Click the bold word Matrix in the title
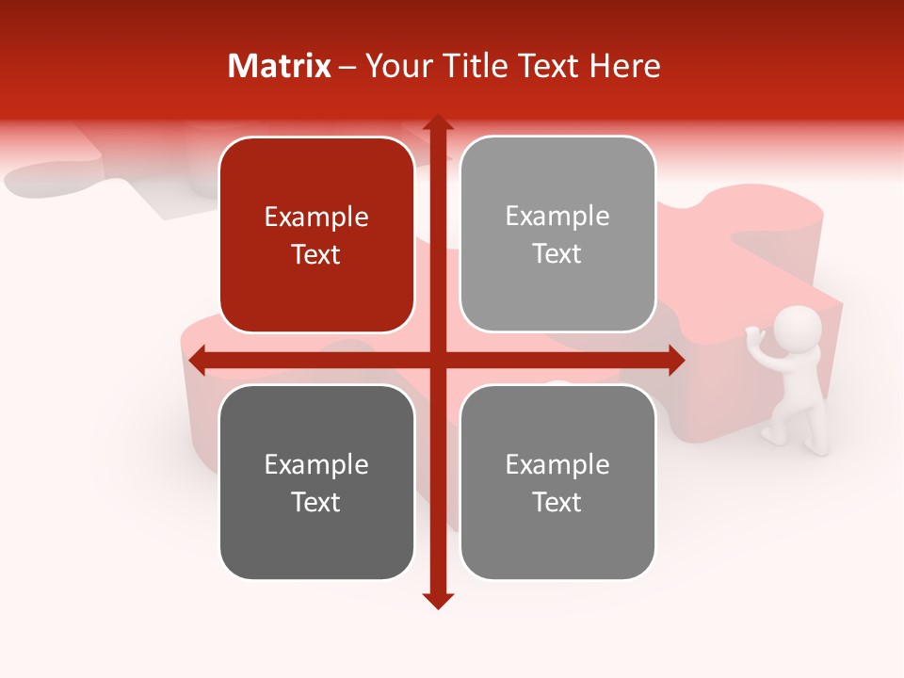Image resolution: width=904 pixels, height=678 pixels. pos(279,65)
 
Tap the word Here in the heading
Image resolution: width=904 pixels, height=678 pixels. pos(625,65)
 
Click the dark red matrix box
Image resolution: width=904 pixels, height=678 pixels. pos(316,234)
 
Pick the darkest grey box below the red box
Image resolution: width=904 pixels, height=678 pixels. pos(316,482)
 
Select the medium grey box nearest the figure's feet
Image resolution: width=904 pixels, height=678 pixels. pos(557,482)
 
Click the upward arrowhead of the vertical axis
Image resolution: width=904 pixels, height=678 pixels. pos(437,122)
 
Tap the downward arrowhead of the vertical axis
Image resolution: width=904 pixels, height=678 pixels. pos(437,601)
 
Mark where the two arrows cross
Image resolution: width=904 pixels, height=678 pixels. pos(437,360)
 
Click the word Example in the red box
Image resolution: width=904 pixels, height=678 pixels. pos(316,217)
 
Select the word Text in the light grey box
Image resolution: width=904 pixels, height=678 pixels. pos(557,253)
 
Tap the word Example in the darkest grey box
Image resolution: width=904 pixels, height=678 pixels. pos(316,464)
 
